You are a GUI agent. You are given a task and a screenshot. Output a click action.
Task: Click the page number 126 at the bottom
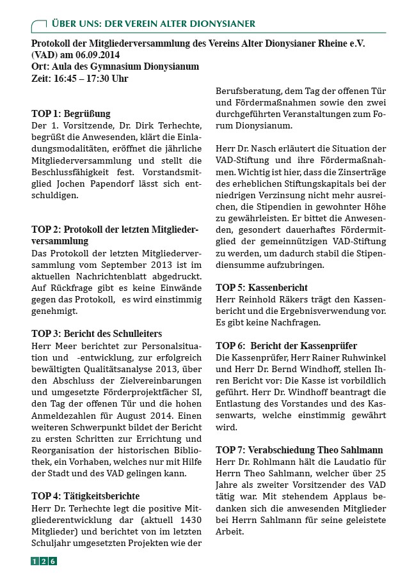tap(44, 561)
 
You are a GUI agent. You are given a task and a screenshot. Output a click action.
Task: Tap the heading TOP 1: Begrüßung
tap(71, 113)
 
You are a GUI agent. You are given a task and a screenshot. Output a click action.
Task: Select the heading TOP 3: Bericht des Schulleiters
tap(97, 333)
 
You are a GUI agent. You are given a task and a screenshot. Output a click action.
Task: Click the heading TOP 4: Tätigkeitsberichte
tap(85, 496)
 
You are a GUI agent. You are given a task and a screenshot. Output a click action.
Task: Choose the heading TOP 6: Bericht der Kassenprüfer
tap(286, 345)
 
